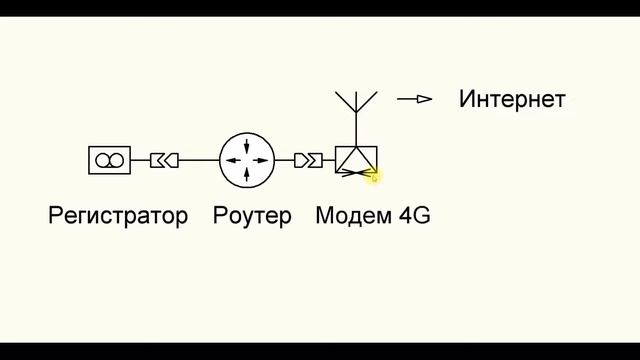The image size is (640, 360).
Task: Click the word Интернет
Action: pos(512,99)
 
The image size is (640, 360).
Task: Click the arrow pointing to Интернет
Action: pos(414,99)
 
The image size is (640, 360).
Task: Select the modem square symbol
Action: pos(355,159)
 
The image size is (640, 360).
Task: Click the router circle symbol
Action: pos(246,159)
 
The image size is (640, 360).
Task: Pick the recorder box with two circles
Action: pos(109,159)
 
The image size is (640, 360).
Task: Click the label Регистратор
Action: pos(118,215)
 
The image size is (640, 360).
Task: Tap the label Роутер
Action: pos(252,215)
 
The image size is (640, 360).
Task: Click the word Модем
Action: pos(347,215)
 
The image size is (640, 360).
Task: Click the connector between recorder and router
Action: pos(164,159)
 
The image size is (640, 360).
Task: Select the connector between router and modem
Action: pos(308,159)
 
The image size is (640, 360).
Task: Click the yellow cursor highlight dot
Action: pos(373,176)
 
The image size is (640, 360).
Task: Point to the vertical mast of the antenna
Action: pos(355,125)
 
